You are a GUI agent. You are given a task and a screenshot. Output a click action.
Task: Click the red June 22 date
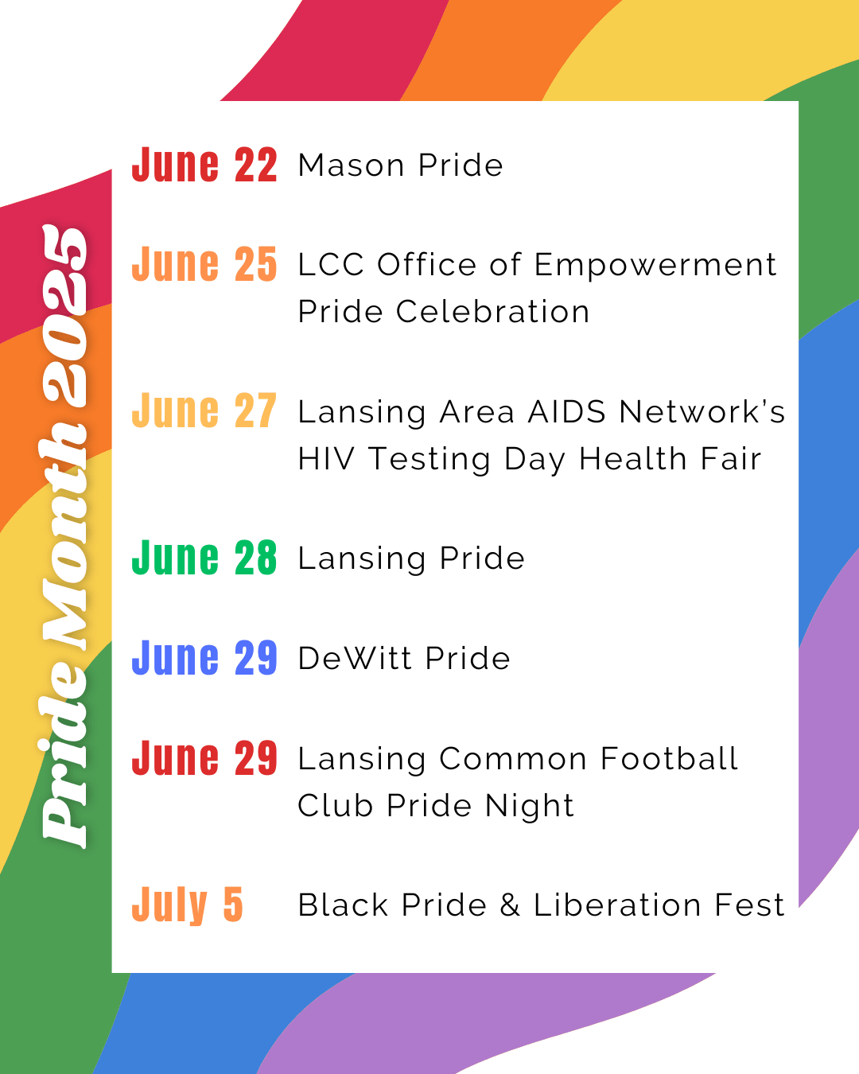coord(204,165)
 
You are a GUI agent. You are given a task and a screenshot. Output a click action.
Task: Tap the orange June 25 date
coord(204,264)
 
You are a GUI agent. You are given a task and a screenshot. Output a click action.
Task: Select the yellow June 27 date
coord(204,411)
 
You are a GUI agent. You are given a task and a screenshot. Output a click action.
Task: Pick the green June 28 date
coord(204,558)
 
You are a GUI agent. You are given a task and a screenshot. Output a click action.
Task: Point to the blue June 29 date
coord(204,658)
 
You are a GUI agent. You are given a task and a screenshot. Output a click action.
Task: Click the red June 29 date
coord(204,757)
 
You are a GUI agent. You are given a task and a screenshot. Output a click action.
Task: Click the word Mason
coord(351,165)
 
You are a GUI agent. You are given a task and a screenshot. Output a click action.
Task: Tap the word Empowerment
coord(655,265)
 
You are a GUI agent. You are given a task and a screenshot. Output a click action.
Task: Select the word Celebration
coord(492,312)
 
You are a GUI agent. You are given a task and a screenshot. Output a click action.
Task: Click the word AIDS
coord(567,412)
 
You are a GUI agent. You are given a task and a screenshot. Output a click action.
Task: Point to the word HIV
coord(326,459)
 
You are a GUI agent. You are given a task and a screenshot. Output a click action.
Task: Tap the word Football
coord(669,759)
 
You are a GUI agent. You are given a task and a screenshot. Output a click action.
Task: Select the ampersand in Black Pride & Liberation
coord(510,905)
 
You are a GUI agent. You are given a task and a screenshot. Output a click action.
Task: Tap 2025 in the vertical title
coord(64,315)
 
